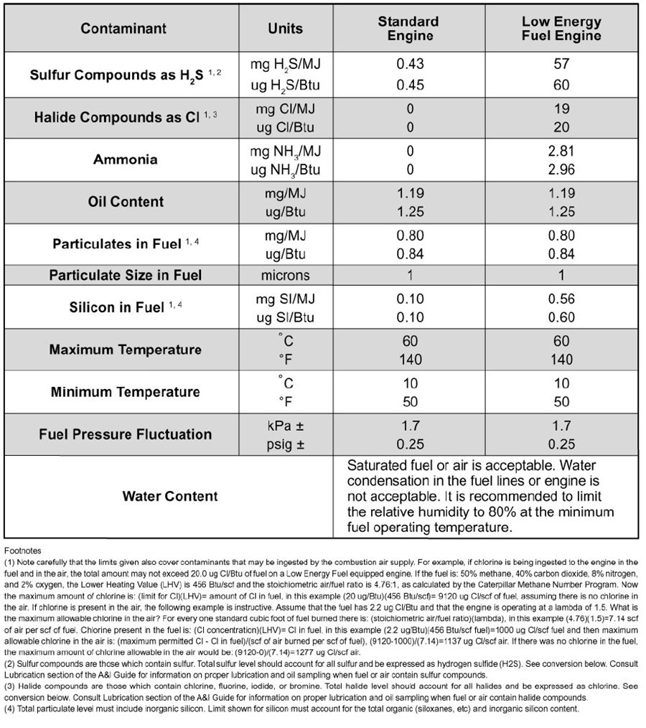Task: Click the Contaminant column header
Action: pyautogui.click(x=123, y=29)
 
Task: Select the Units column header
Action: pyautogui.click(x=285, y=29)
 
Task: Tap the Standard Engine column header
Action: pyautogui.click(x=409, y=29)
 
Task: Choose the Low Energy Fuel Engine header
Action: pyautogui.click(x=561, y=29)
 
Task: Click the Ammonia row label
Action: pyautogui.click(x=125, y=159)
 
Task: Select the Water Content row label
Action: pyautogui.click(x=170, y=496)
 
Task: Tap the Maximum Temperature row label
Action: pyautogui.click(x=125, y=350)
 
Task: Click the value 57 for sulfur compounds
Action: pyautogui.click(x=561, y=65)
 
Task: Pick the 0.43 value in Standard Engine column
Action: pyautogui.click(x=410, y=65)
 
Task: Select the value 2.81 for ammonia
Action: pyautogui.click(x=561, y=151)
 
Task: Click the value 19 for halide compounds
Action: pyautogui.click(x=561, y=109)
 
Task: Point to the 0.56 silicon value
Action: pyautogui.click(x=561, y=299)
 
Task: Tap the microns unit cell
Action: pyautogui.click(x=285, y=275)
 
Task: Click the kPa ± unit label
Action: pyautogui.click(x=285, y=426)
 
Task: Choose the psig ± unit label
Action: pyautogui.click(x=285, y=444)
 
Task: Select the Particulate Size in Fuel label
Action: pyautogui.click(x=125, y=275)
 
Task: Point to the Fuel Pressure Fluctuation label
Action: pyautogui.click(x=125, y=434)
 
